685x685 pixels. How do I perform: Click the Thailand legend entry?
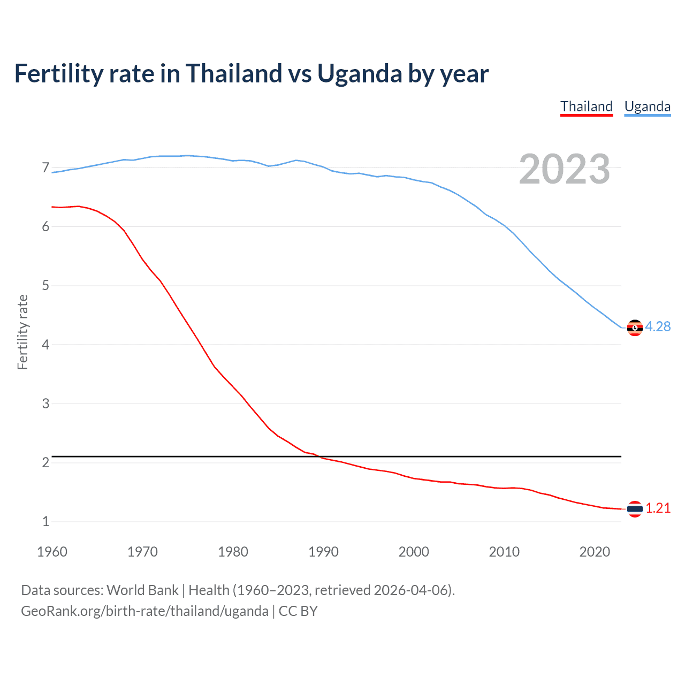[586, 106]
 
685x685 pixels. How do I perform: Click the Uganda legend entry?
[647, 106]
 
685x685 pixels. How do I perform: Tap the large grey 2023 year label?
[564, 169]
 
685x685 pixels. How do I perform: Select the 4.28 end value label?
[658, 326]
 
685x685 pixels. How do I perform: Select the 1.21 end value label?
[658, 508]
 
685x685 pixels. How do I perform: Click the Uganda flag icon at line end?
[635, 328]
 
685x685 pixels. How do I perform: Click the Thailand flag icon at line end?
[635, 509]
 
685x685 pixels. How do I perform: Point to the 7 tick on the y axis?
[45, 168]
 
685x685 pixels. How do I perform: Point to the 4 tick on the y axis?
[45, 345]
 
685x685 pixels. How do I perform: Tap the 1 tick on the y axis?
[45, 521]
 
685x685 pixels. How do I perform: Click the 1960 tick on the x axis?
[52, 552]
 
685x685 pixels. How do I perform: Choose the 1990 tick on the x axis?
[323, 552]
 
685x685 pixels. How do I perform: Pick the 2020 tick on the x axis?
[595, 552]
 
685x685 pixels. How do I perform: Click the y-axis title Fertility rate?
[22, 332]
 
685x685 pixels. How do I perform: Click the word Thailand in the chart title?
[233, 73]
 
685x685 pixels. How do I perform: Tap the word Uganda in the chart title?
[359, 73]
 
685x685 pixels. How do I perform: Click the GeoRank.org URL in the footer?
[144, 611]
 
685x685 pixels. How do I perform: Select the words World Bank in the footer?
[142, 590]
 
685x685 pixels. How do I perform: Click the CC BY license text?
[298, 611]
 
